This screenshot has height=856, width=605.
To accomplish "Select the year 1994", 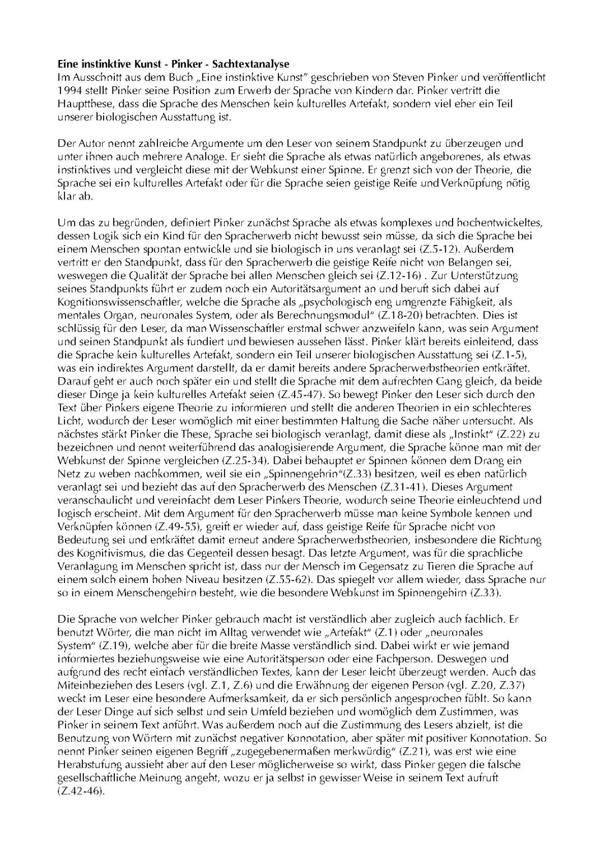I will click(69, 91).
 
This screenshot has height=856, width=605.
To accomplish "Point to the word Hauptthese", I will click(83, 104).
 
